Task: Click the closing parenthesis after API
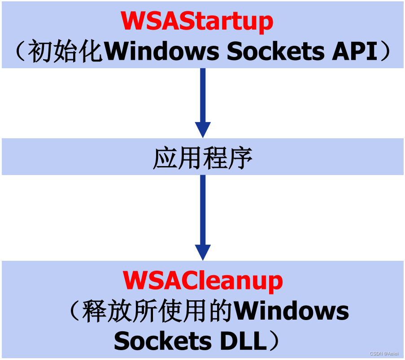[x=385, y=53]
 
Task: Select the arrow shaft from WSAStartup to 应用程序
[x=203, y=95]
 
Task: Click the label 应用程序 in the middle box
[x=203, y=157]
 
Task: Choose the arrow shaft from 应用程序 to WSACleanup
[x=203, y=209]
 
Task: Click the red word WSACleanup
[x=203, y=281]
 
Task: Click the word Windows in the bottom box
[x=292, y=311]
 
